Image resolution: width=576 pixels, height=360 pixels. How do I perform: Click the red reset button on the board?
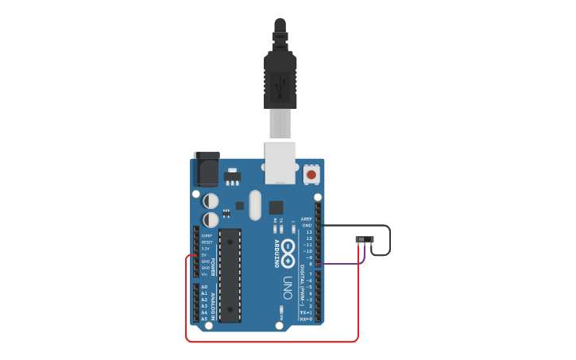311,174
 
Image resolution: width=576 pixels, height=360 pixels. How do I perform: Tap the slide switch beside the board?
365,240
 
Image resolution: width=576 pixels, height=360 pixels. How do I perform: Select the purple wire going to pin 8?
342,264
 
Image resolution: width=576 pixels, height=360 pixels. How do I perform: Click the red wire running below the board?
270,341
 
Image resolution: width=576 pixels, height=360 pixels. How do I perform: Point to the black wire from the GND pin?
390,238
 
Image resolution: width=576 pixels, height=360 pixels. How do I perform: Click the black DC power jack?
206,169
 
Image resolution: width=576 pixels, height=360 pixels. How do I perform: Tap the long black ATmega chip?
230,275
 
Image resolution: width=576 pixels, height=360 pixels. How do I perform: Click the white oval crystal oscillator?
254,205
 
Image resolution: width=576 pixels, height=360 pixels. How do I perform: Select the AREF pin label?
307,219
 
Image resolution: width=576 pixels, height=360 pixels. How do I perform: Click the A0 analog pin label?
204,287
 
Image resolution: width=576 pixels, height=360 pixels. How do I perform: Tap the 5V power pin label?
205,255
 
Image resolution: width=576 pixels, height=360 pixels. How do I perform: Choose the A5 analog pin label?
204,319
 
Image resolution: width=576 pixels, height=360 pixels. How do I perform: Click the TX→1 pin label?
305,312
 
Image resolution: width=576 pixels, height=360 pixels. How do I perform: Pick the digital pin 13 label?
308,232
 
